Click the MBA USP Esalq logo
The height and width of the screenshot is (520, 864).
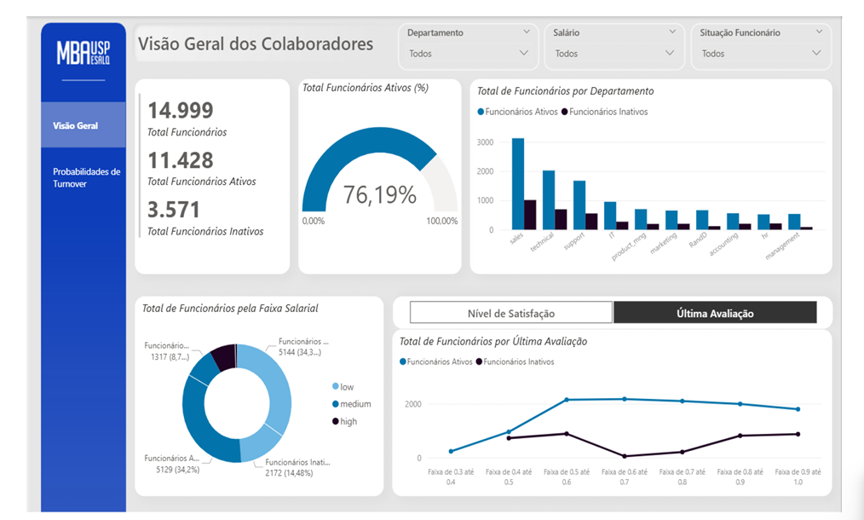84,53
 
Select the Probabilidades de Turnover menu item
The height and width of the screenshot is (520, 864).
87,177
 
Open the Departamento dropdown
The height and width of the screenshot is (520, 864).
469,54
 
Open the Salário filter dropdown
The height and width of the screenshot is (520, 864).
614,54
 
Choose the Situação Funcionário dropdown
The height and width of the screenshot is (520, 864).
761,54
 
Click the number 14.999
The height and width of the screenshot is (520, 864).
180,110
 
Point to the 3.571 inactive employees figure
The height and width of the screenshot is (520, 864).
174,210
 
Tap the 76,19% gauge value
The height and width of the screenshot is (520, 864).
380,194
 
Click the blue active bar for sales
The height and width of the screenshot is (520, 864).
518,183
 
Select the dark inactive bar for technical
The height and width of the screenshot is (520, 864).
561,219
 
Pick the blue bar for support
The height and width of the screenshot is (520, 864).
579,205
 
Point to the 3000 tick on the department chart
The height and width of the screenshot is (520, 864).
485,142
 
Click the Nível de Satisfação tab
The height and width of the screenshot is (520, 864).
510,313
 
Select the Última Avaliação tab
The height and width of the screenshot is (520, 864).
715,313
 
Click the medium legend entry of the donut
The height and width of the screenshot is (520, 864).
352,404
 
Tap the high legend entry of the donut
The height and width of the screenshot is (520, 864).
345,421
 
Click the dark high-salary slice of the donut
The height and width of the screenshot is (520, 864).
224,356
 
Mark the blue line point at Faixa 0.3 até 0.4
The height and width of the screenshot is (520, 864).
451,452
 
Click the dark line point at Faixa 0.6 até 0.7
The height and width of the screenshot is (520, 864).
625,457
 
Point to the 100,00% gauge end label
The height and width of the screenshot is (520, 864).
442,221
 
